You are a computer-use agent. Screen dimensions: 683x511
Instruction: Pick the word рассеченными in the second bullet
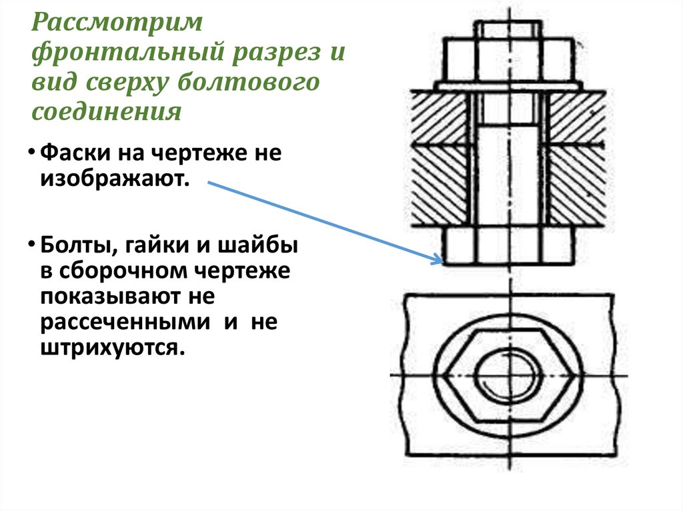tap(127, 322)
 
